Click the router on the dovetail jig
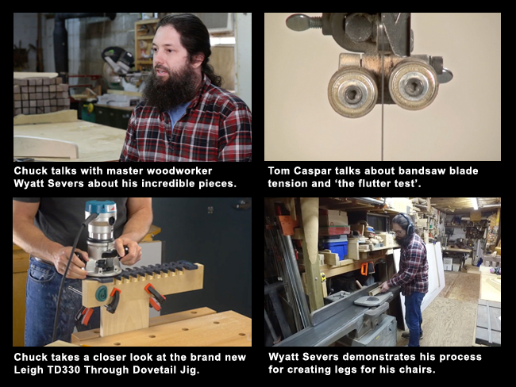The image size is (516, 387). (100, 238)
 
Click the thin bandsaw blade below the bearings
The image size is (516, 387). (382, 135)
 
